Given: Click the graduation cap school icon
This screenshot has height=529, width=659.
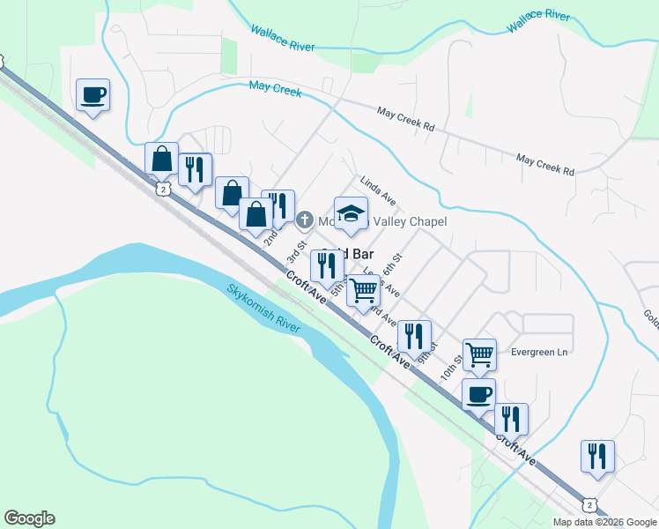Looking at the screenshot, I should [x=351, y=214].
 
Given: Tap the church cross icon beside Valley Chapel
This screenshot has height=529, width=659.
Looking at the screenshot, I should [x=304, y=220].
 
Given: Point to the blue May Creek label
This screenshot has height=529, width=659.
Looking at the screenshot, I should [x=275, y=88].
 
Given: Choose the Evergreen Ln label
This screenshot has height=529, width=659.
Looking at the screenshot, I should [x=540, y=352].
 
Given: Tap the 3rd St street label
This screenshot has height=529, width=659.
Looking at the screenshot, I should [x=296, y=251].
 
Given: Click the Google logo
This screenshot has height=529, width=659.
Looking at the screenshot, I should [x=29, y=518].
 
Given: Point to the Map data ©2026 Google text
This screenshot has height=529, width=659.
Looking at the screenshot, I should [x=604, y=522].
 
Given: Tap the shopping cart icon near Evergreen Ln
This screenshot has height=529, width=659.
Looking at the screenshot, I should [x=479, y=354].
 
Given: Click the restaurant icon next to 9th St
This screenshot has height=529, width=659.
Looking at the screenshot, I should [x=412, y=336].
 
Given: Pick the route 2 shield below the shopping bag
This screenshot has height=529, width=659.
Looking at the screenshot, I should [x=161, y=190].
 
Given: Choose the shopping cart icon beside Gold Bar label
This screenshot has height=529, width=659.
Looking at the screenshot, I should [x=363, y=289].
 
